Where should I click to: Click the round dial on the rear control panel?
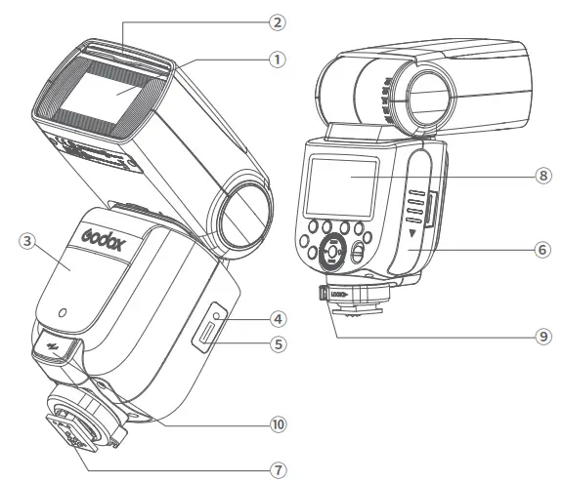(x=332, y=252)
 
